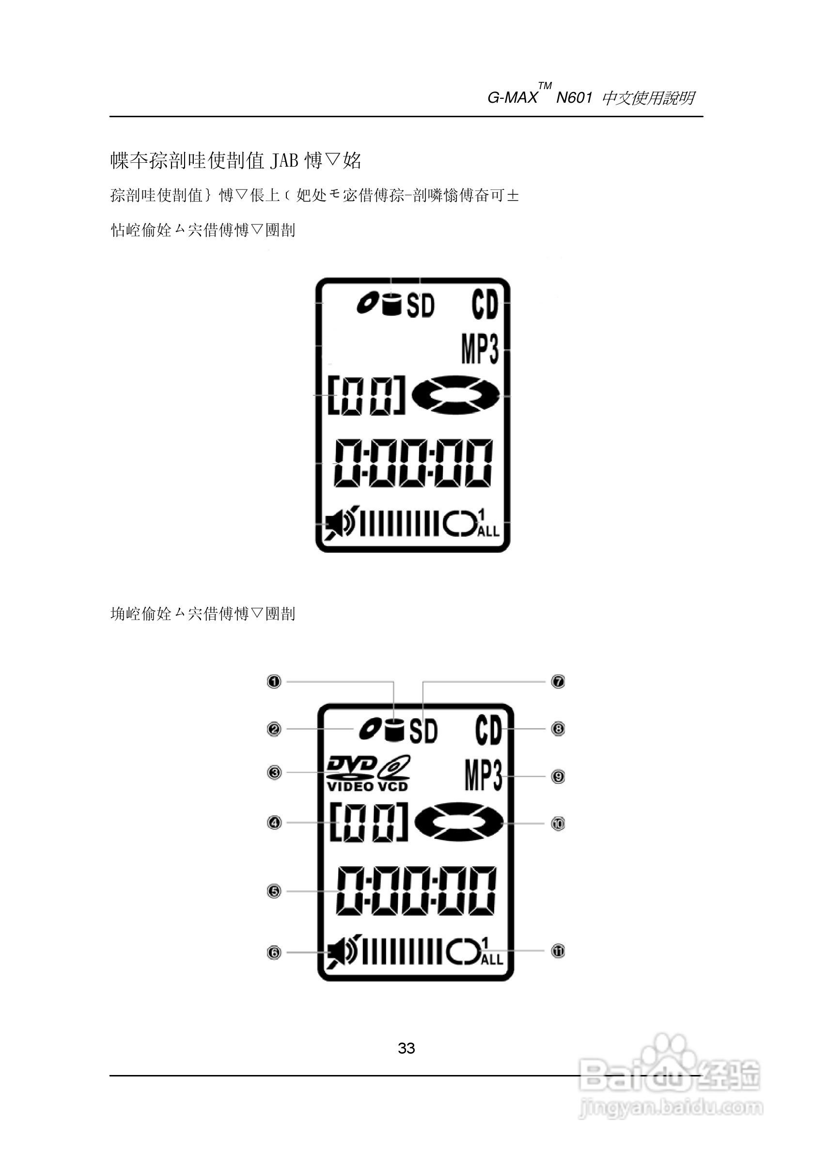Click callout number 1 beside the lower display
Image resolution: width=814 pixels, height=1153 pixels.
[274, 682]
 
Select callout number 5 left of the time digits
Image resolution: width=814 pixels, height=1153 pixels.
[274, 891]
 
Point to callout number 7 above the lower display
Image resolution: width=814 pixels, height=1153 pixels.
[558, 682]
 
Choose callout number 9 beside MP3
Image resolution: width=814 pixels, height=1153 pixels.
[558, 777]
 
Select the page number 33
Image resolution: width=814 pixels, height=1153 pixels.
[406, 1047]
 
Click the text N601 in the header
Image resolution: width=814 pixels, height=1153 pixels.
[574, 97]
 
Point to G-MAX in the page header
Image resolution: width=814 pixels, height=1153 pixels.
[512, 97]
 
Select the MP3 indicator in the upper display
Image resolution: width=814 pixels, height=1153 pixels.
[480, 349]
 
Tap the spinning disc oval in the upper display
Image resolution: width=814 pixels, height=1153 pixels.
[455, 395]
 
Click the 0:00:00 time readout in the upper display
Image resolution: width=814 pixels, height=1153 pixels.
[413, 463]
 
